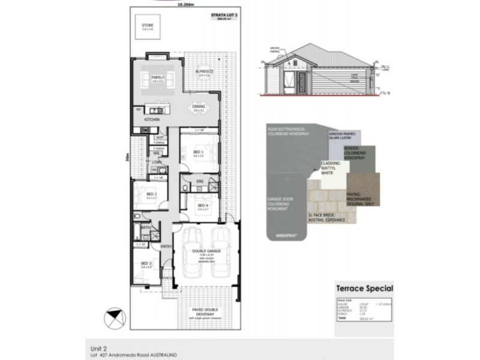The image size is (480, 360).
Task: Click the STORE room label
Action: click(147, 25)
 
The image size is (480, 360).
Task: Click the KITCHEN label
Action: click(151, 120)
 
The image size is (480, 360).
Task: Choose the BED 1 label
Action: click(197, 152)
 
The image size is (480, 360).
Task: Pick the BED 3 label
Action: click(146, 263)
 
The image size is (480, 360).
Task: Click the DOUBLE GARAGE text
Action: click(206, 251)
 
